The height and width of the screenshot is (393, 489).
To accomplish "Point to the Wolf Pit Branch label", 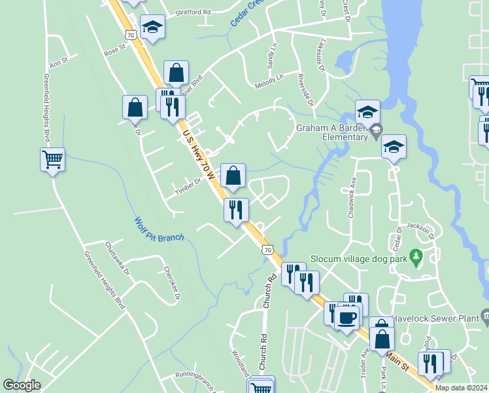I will coord(159,229).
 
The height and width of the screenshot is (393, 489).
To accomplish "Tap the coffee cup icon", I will coord(346,318).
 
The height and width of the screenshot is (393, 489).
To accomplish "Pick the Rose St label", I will coord(114,49).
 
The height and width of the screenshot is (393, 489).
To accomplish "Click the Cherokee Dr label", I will coord(171,282).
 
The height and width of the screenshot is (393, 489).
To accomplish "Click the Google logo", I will coord(22,385).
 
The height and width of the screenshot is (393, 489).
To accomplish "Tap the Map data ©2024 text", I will coord(461,388).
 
